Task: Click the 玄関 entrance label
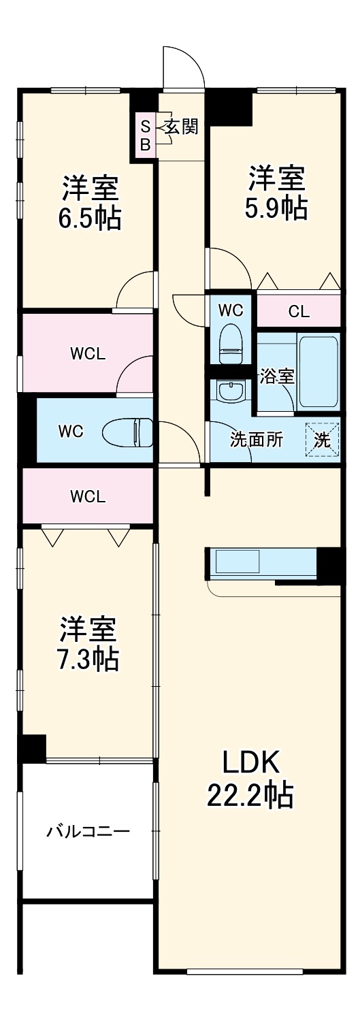click(181, 127)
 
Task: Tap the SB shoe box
click(145, 135)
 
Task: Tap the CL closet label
click(299, 312)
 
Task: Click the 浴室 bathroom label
click(277, 376)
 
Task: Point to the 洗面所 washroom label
click(257, 440)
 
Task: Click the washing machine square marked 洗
click(321, 440)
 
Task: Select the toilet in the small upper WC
click(231, 344)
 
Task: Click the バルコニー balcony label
click(88, 831)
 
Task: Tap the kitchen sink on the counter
click(238, 562)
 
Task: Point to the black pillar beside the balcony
click(33, 749)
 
